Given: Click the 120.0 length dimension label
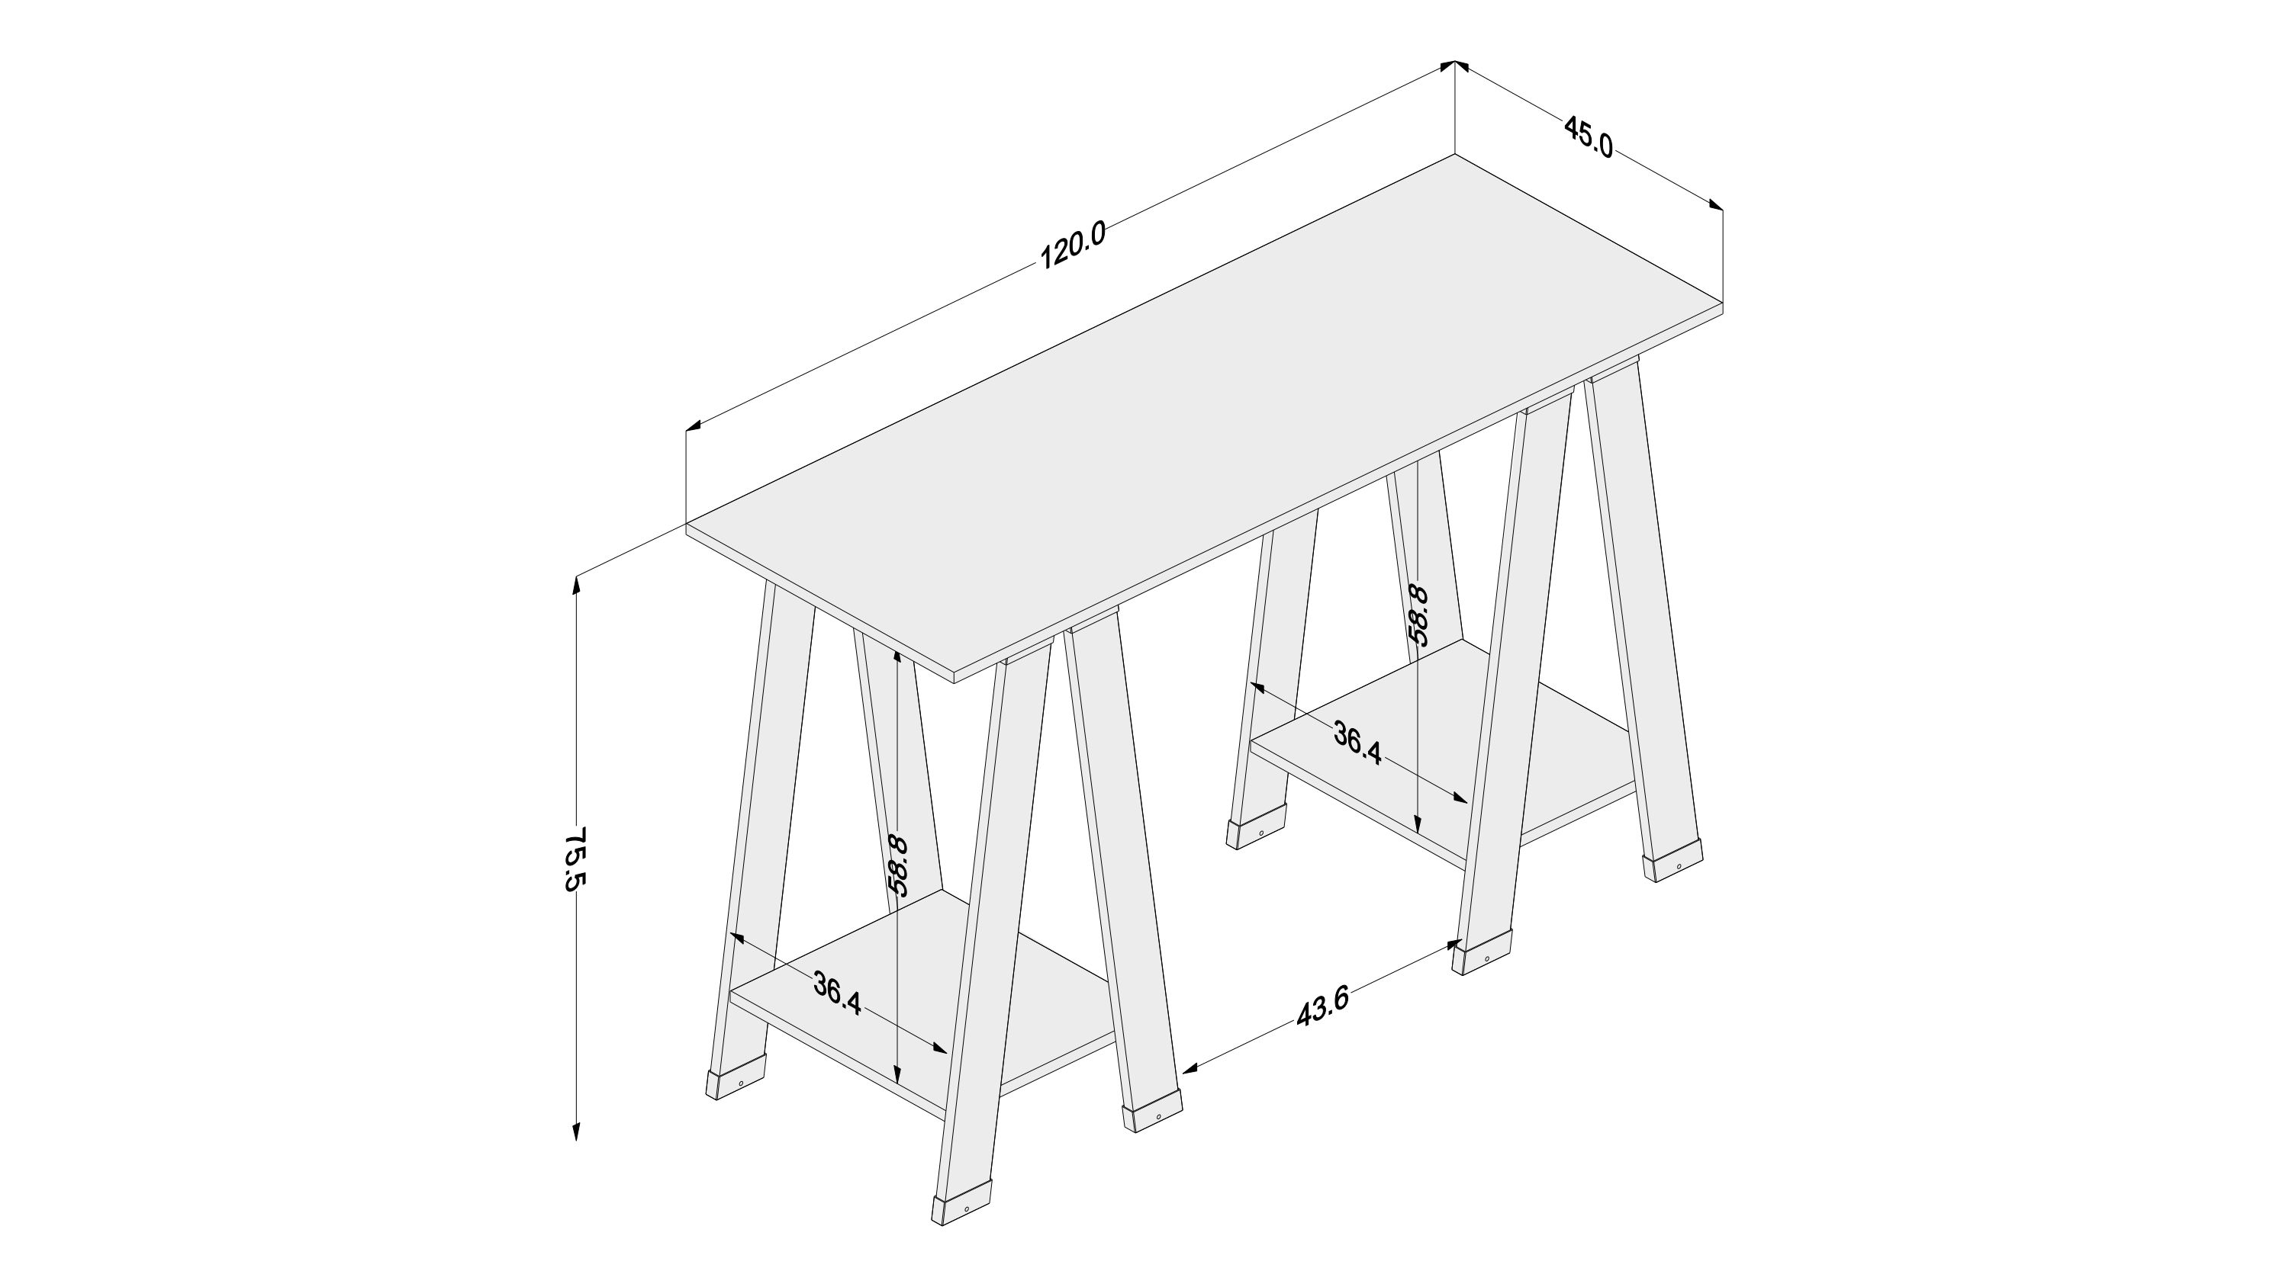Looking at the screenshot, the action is click(1073, 246).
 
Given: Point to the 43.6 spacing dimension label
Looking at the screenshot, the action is click(1323, 1006).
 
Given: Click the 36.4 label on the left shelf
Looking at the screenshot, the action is click(837, 995).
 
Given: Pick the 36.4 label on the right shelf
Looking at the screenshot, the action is click(1357, 743).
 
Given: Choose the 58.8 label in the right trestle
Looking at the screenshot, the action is click(1419, 615).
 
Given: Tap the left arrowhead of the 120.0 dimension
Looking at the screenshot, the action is click(696, 426).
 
